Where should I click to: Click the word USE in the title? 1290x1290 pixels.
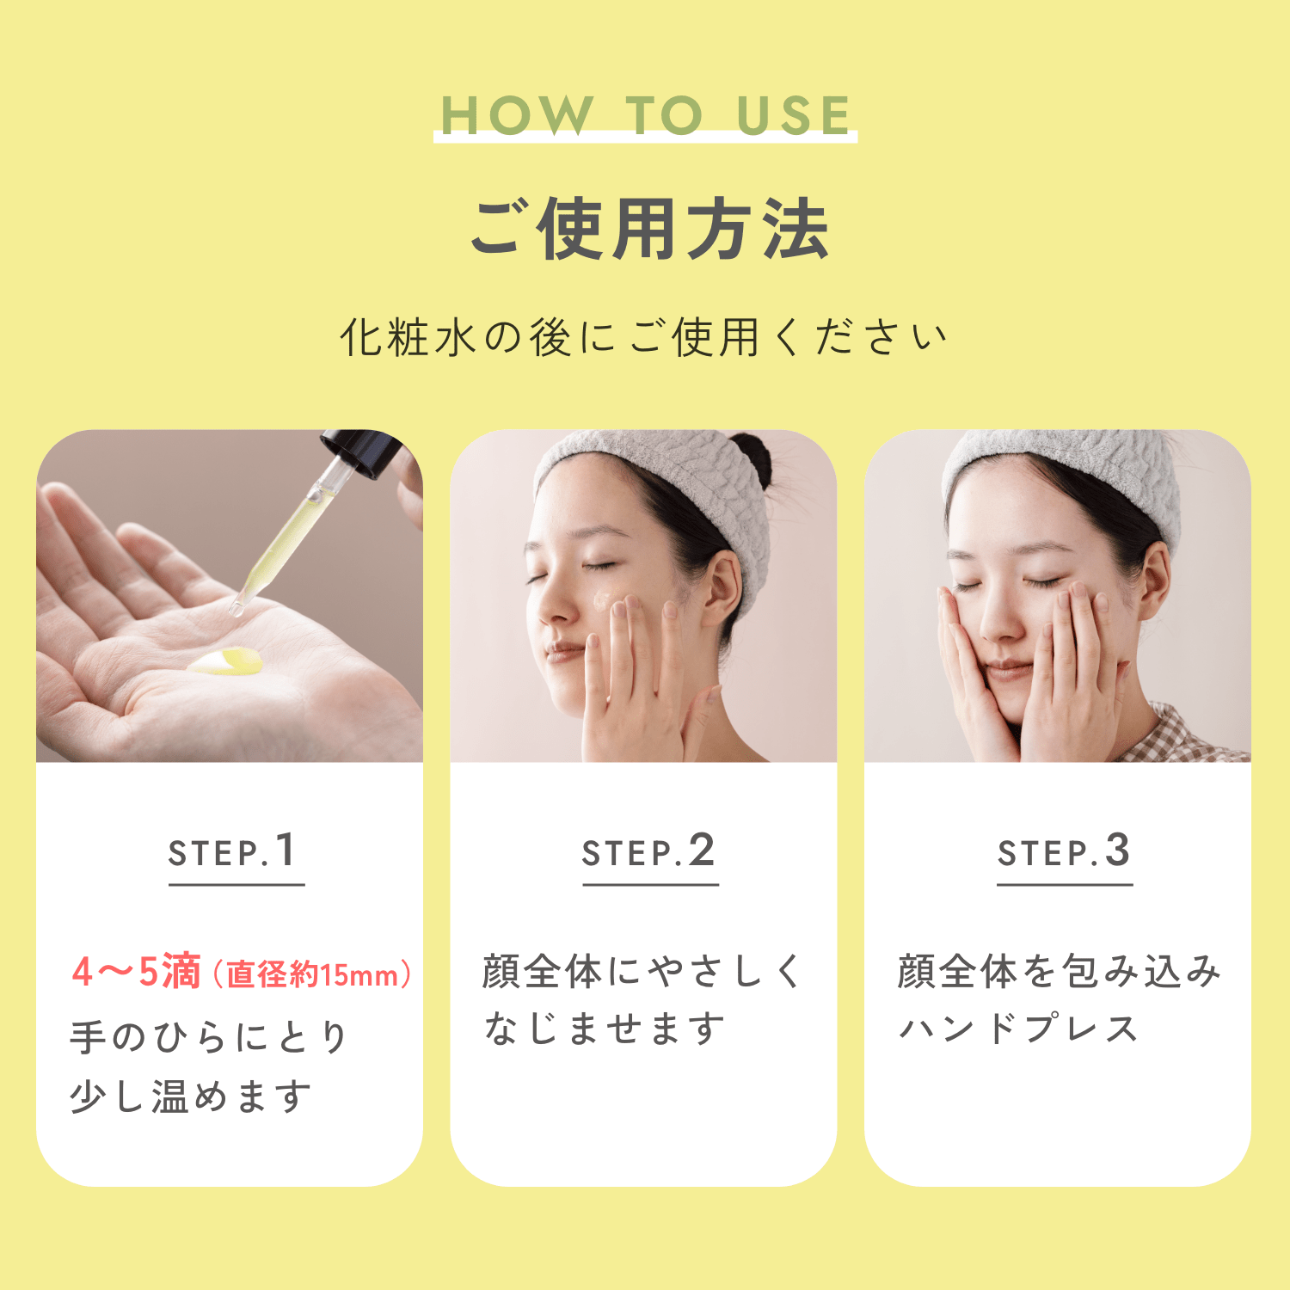(794, 115)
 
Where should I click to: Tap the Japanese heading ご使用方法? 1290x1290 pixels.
(649, 229)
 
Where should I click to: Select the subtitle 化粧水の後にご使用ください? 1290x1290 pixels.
(644, 336)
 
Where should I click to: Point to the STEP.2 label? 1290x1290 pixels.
(648, 851)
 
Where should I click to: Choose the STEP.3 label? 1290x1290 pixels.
(1064, 851)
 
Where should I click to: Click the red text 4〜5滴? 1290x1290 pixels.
(137, 972)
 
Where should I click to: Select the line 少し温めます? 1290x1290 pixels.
(190, 1096)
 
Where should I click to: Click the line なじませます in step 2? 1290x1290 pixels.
(605, 1029)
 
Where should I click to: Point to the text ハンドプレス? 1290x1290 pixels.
(1018, 1029)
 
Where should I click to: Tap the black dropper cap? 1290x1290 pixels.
(361, 451)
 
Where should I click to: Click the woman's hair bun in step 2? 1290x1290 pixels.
(752, 456)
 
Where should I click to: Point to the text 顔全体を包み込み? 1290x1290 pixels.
(1060, 972)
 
